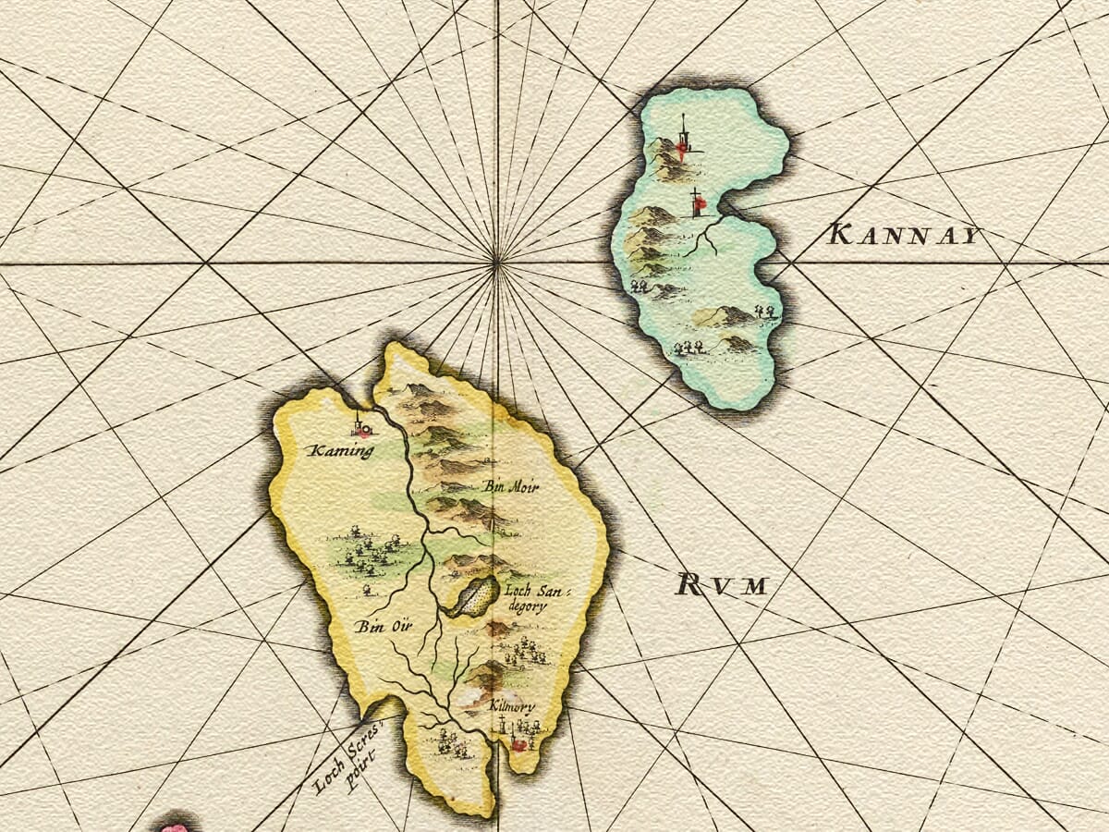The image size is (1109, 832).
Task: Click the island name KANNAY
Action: (x=903, y=234)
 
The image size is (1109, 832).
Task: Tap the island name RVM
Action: (x=722, y=584)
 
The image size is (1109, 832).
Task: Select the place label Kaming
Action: (x=341, y=451)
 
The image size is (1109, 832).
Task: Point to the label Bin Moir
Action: (x=511, y=485)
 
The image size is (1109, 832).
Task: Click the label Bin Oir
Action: (x=381, y=626)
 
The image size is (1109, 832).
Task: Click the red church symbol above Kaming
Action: (x=361, y=427)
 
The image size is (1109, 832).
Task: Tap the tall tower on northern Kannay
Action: (x=684, y=139)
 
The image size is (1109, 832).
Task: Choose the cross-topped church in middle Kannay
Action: (x=698, y=202)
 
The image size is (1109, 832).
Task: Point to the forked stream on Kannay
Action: (x=706, y=237)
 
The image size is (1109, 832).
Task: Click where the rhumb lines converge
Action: (x=496, y=263)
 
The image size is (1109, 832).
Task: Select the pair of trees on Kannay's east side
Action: (x=764, y=312)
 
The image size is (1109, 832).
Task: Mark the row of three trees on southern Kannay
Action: (x=688, y=348)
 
